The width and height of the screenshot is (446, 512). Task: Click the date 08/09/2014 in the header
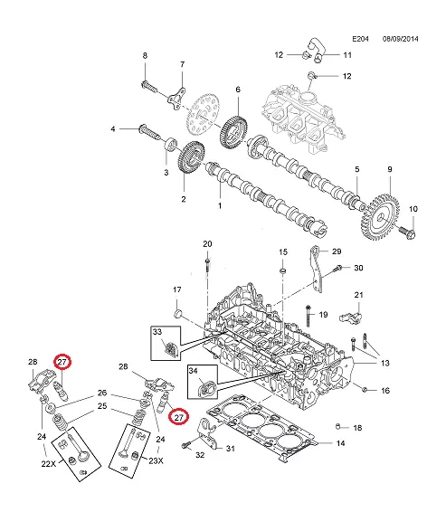coord(400,39)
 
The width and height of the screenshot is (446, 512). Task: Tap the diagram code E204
coord(360,39)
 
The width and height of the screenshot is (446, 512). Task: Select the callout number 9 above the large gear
coord(390,169)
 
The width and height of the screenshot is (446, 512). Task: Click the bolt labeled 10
coord(407,232)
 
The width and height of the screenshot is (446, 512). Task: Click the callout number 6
coord(238,90)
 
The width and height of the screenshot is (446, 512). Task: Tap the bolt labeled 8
coord(149,87)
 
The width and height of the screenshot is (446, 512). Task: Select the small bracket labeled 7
coord(176,99)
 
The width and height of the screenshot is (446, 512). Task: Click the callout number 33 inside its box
coord(157,332)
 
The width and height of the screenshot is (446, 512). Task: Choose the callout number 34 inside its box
coord(193,371)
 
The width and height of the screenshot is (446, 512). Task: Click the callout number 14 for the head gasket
coord(340,443)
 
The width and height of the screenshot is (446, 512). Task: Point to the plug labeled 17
coord(178,314)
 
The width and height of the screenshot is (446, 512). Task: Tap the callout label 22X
coord(48,463)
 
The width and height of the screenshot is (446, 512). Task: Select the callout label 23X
coord(157,460)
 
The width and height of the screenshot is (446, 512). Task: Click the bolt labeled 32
coord(185,445)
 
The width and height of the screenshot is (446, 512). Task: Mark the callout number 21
coord(358,295)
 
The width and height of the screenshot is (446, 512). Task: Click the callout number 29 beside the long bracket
coord(337,251)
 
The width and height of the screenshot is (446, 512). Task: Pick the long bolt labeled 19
coord(308,316)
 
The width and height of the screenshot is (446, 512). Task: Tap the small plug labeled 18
coord(338,426)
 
